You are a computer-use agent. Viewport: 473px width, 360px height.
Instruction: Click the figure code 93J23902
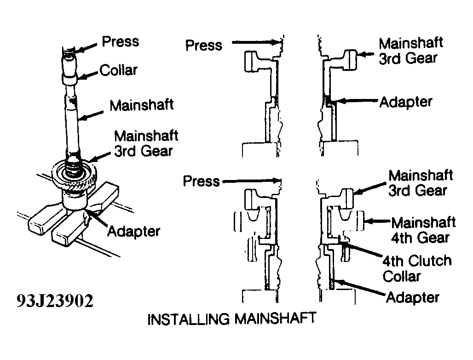pyautogui.click(x=55, y=301)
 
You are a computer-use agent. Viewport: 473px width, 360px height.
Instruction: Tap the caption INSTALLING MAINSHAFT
pyautogui.click(x=232, y=319)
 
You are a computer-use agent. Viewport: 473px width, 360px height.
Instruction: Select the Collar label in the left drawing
pyautogui.click(x=119, y=70)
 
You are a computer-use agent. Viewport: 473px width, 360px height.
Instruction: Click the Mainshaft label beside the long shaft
pyautogui.click(x=141, y=105)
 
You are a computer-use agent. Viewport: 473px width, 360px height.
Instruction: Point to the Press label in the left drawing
pyautogui.click(x=121, y=41)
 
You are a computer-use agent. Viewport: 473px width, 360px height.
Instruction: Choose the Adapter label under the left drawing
pyautogui.click(x=133, y=232)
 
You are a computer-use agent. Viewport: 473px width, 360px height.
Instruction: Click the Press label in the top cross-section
pyautogui.click(x=204, y=45)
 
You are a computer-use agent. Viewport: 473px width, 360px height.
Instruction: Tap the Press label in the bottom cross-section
pyautogui.click(x=202, y=181)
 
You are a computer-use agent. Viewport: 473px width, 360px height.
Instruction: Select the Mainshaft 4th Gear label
pyautogui.click(x=423, y=230)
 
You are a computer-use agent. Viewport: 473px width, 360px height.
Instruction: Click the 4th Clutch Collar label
pyautogui.click(x=417, y=268)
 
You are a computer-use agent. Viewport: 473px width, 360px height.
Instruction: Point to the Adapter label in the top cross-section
pyautogui.click(x=406, y=102)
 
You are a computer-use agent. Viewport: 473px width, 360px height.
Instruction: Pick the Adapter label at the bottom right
pyautogui.click(x=412, y=297)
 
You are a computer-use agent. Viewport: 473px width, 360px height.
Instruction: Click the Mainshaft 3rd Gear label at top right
pyautogui.click(x=411, y=51)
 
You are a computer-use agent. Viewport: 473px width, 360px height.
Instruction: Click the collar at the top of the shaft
pyautogui.click(x=69, y=71)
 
